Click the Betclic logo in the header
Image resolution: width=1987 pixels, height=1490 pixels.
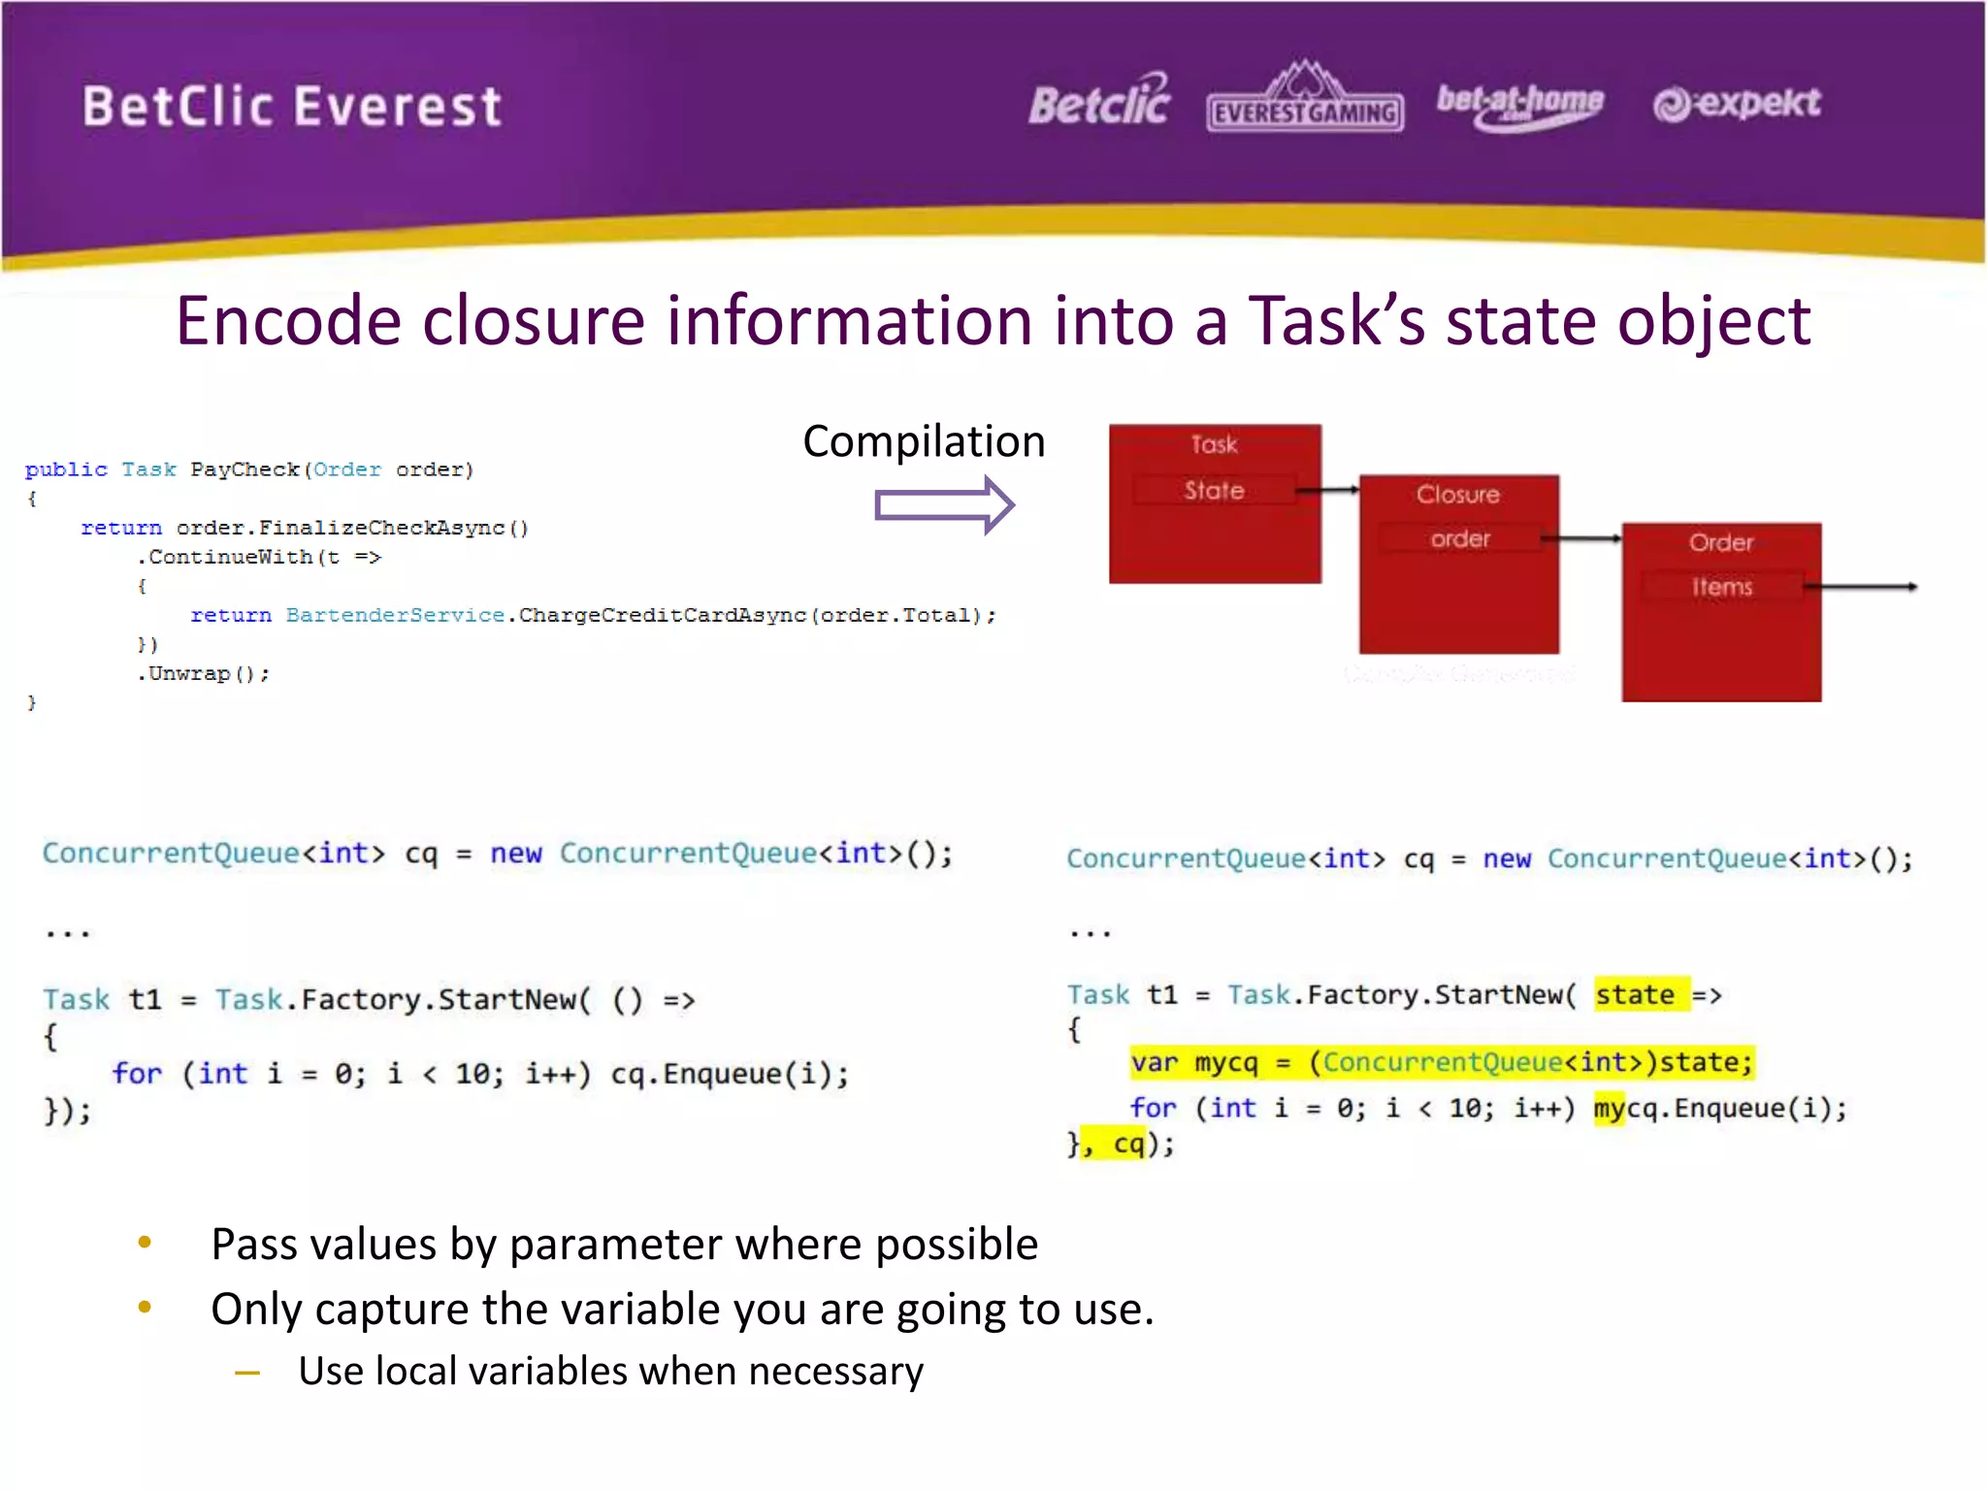pyautogui.click(x=1099, y=103)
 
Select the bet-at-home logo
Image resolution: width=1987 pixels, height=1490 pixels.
pyautogui.click(x=1519, y=105)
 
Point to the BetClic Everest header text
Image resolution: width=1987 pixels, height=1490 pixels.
pyautogui.click(x=292, y=107)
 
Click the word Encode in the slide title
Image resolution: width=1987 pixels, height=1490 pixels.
pyautogui.click(x=288, y=321)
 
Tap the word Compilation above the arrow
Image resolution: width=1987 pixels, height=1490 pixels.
pyautogui.click(x=924, y=442)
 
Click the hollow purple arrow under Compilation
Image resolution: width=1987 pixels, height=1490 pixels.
pyautogui.click(x=943, y=505)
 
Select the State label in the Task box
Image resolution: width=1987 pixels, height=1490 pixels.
pyautogui.click(x=1214, y=491)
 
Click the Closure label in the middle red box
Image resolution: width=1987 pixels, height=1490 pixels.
pyautogui.click(x=1457, y=495)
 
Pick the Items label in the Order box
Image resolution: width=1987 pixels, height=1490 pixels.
pyautogui.click(x=1722, y=587)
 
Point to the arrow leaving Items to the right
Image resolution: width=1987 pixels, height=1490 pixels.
pyautogui.click(x=1863, y=587)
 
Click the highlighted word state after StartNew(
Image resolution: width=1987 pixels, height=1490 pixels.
pyautogui.click(x=1635, y=995)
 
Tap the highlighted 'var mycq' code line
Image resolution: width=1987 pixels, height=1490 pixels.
pyautogui.click(x=1442, y=1063)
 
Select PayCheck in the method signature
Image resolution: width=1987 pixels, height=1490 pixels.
pyautogui.click(x=244, y=470)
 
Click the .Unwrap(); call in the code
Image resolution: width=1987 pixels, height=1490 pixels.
pyautogui.click(x=204, y=674)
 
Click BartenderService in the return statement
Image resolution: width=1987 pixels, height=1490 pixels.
pyautogui.click(x=395, y=616)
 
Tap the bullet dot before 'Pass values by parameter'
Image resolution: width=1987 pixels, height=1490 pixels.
pyautogui.click(x=146, y=1243)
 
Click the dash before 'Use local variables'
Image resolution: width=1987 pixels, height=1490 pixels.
pyautogui.click(x=247, y=1373)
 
